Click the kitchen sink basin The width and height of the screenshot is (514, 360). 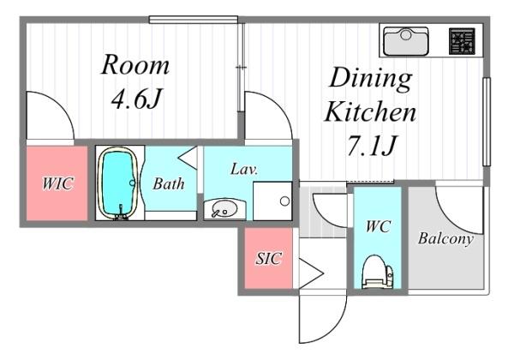point(406,41)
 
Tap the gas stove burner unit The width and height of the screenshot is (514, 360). point(462,41)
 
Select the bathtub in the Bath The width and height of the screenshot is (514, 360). point(118,183)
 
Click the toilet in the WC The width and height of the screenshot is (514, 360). point(377,272)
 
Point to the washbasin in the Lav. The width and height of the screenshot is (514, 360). point(224,209)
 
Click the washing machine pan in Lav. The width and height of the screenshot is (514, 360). point(272,201)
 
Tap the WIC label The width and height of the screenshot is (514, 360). point(57,183)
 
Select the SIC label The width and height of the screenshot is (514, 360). point(268,258)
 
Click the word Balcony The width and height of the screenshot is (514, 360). point(445,238)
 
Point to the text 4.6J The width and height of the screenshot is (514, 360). point(136,99)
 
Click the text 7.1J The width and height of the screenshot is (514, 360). point(372,145)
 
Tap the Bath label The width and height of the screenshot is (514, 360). point(169,183)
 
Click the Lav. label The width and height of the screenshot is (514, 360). point(244,169)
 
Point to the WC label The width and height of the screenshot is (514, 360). point(378,226)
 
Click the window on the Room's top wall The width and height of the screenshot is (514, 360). point(194,20)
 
